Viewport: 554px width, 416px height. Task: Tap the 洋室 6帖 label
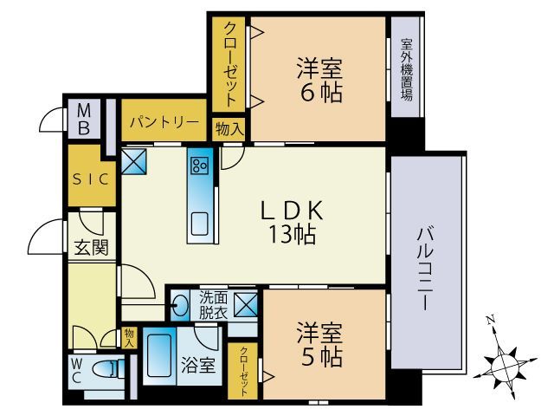pyautogui.click(x=319, y=79)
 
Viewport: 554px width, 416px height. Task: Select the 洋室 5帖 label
pyautogui.click(x=319, y=344)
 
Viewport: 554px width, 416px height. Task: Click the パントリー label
pyautogui.click(x=164, y=122)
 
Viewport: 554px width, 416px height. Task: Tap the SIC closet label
pyautogui.click(x=91, y=179)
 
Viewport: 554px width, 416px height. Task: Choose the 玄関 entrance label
pyautogui.click(x=91, y=247)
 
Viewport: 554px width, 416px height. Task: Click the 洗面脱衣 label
pyautogui.click(x=212, y=303)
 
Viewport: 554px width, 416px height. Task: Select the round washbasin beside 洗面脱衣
pyautogui.click(x=182, y=304)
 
